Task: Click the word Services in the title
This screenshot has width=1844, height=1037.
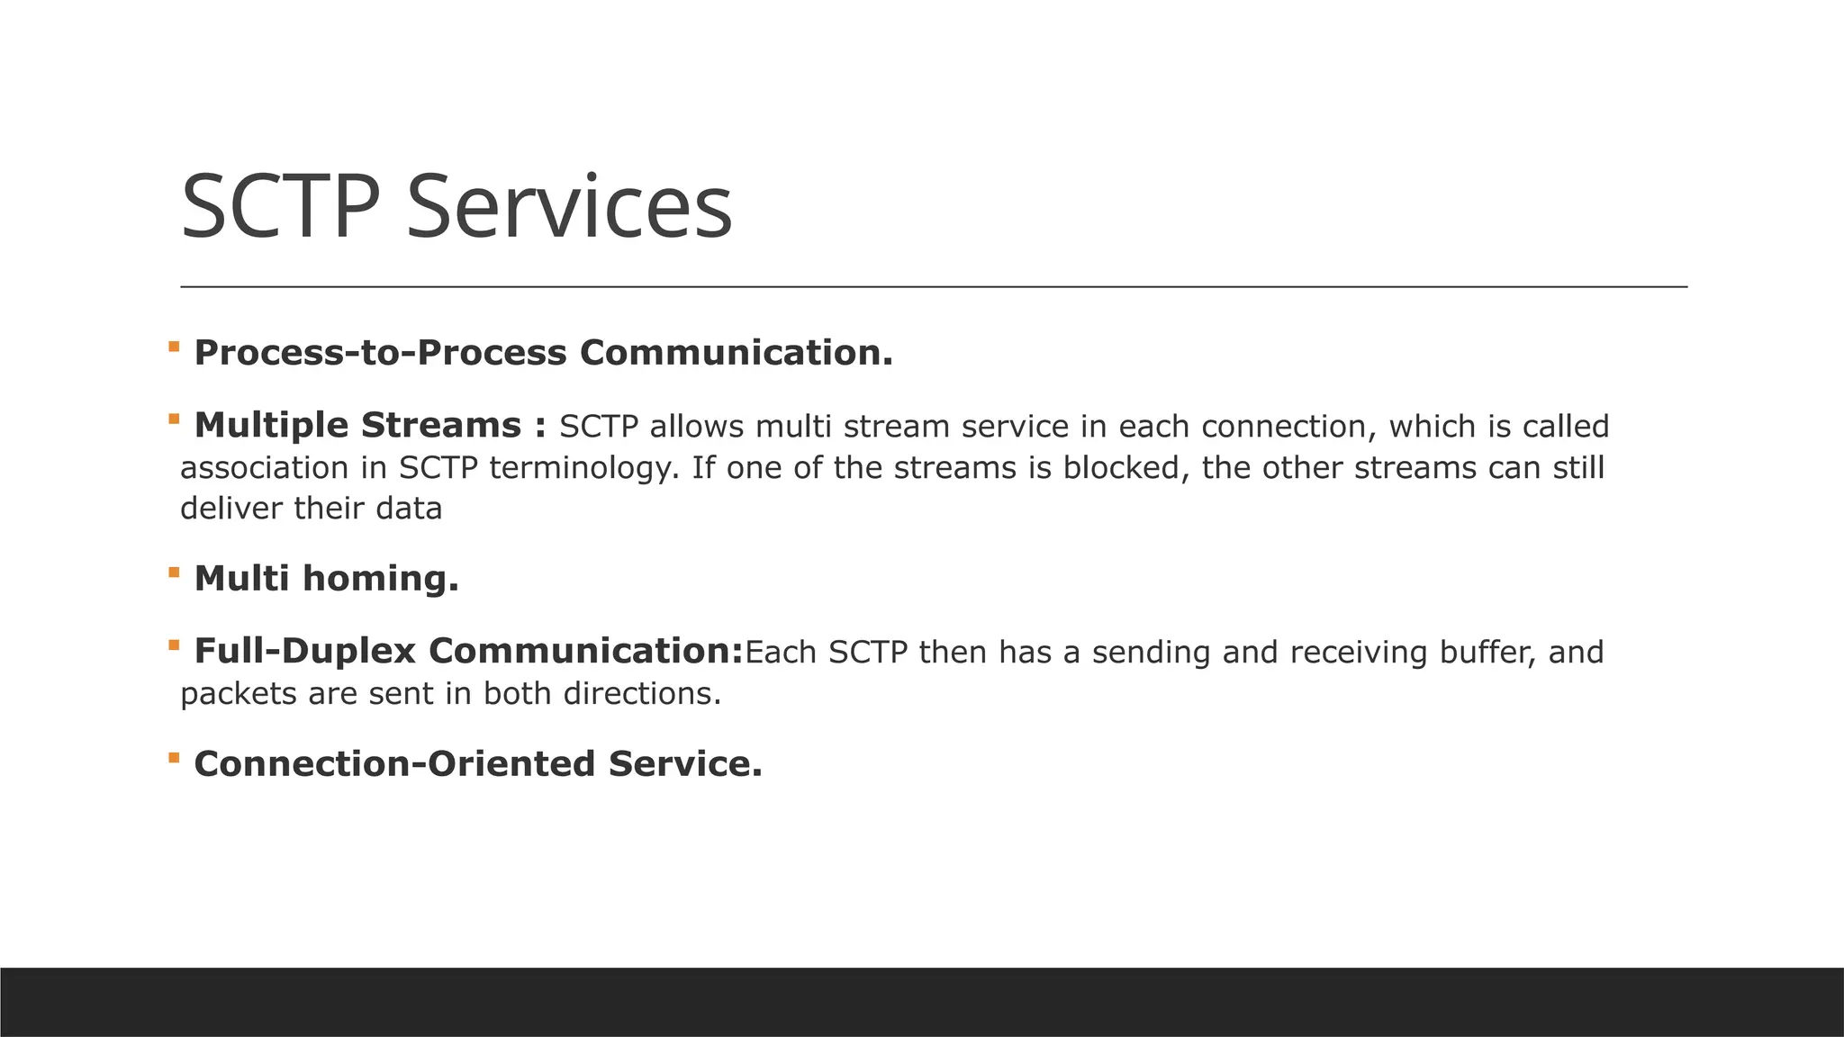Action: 569,208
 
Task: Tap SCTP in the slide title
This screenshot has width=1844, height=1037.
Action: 280,208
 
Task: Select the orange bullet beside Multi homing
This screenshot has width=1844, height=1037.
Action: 174,572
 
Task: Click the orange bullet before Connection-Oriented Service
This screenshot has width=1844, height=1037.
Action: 174,757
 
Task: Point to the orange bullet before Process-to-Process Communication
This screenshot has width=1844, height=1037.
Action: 174,346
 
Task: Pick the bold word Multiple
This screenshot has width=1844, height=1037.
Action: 271,426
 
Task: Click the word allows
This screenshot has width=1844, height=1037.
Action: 697,427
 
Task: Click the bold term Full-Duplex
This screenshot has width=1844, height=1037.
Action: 305,652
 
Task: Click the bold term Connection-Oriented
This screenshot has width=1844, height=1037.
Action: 394,764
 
